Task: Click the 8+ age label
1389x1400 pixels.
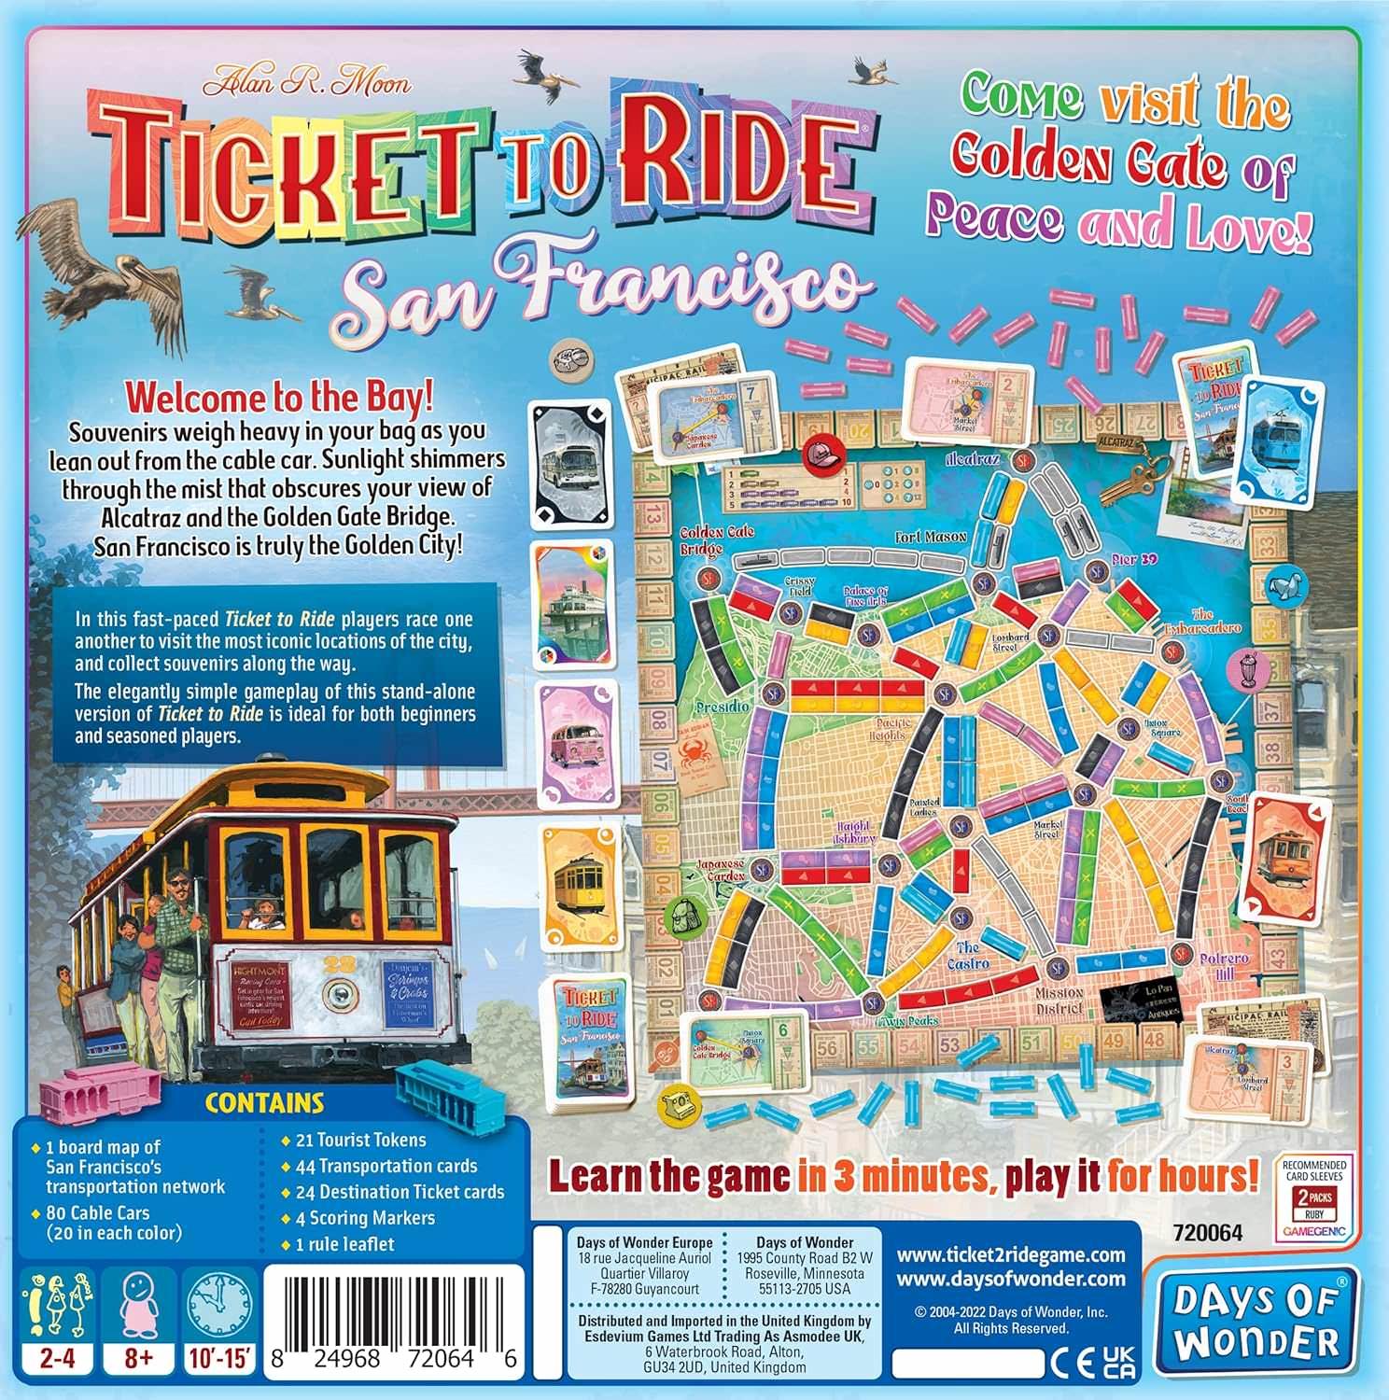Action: pyautogui.click(x=138, y=1358)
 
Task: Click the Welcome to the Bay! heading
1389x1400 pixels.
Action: pyautogui.click(x=279, y=398)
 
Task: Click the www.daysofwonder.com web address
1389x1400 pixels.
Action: pyautogui.click(x=1011, y=1279)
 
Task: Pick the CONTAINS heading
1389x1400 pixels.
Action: pyautogui.click(x=264, y=1102)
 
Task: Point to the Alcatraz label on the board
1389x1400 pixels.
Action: pyautogui.click(x=973, y=460)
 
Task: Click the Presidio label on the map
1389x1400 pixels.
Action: pyautogui.click(x=723, y=707)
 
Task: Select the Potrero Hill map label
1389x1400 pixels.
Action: pyautogui.click(x=1224, y=965)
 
